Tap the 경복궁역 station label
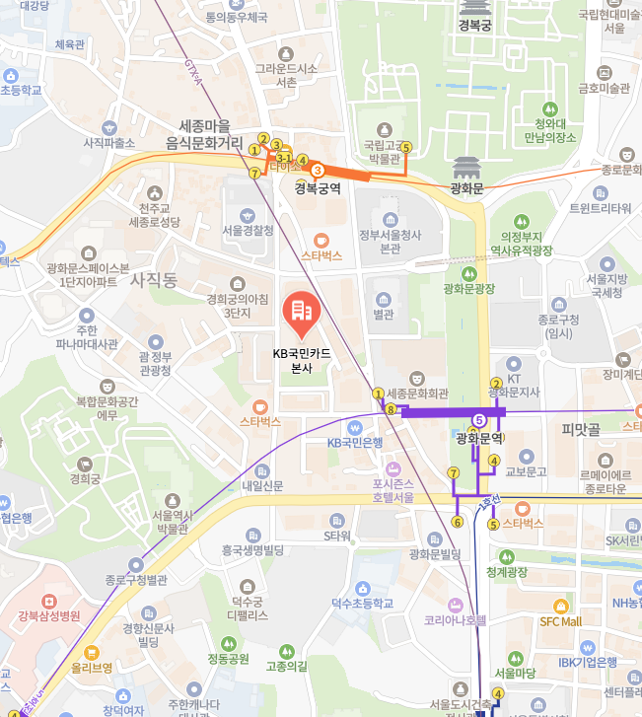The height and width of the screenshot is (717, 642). click(x=318, y=187)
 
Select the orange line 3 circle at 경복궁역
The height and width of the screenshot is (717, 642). click(x=318, y=171)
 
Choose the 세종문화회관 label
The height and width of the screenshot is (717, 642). click(x=425, y=392)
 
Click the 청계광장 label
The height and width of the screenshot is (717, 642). click(x=507, y=572)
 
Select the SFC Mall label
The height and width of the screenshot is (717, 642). click(x=560, y=621)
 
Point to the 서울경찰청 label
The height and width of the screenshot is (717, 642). click(x=249, y=230)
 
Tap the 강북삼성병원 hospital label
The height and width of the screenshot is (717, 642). click(x=48, y=616)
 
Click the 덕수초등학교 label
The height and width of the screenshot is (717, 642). click(x=361, y=603)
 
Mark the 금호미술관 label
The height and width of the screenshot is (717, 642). click(x=604, y=88)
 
